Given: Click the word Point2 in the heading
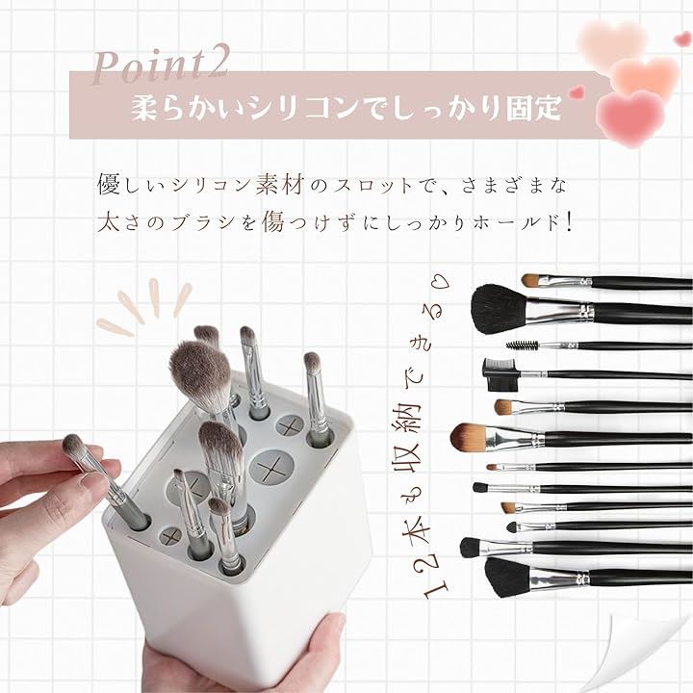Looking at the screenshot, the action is click(160, 66).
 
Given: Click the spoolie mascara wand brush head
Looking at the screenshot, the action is click(522, 344).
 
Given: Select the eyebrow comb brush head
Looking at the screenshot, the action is click(500, 374).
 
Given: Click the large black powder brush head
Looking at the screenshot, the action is click(500, 308).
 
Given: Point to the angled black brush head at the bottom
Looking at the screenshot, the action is click(508, 577).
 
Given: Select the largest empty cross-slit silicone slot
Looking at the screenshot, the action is click(271, 467).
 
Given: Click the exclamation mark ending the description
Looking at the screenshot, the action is click(569, 222).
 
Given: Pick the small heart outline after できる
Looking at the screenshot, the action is click(441, 280).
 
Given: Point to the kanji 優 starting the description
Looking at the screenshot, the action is click(109, 185).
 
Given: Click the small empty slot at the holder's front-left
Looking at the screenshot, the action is click(169, 536).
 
